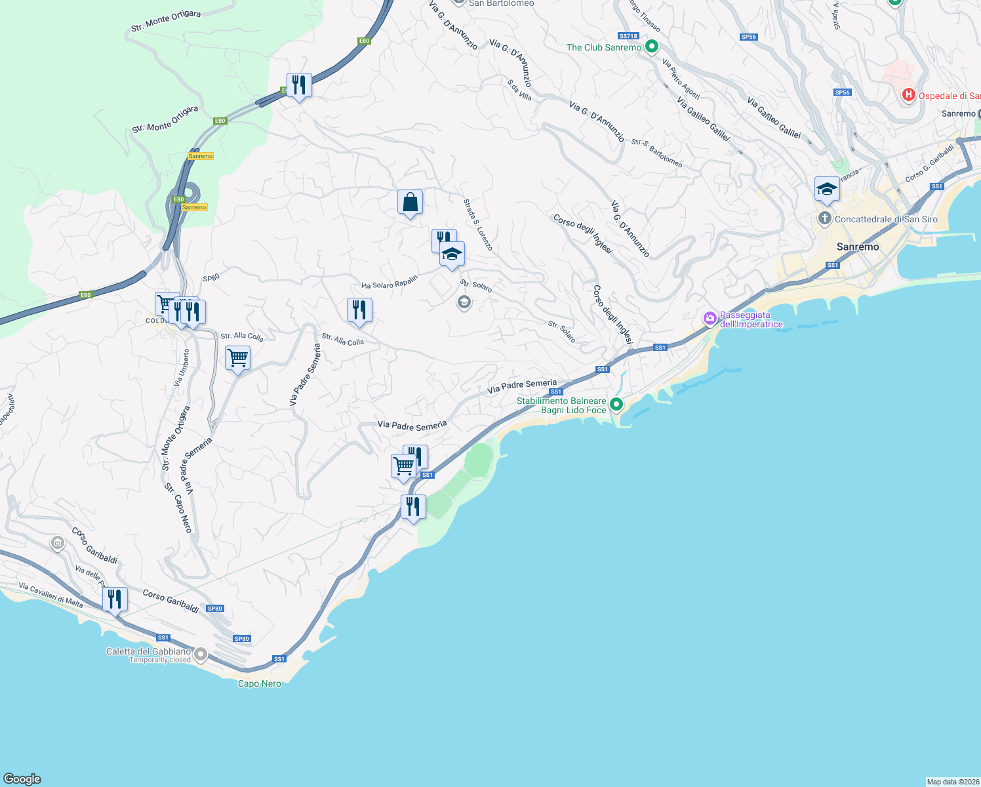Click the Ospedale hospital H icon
(x=908, y=95)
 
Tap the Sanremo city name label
(x=858, y=247)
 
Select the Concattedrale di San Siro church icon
(x=825, y=218)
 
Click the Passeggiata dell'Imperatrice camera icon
(x=710, y=319)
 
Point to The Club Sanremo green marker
(x=651, y=47)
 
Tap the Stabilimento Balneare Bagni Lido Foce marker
(x=616, y=404)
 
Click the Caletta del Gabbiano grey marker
(x=201, y=655)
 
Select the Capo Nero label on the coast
(x=260, y=683)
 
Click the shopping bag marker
(x=410, y=203)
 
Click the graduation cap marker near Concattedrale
(x=827, y=190)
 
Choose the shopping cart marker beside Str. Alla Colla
(x=237, y=359)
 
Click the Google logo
(x=22, y=778)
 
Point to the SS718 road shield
(x=628, y=36)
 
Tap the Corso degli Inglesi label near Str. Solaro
(x=612, y=314)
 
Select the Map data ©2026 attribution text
(x=953, y=782)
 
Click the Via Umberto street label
(x=182, y=367)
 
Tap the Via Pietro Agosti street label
(x=681, y=79)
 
